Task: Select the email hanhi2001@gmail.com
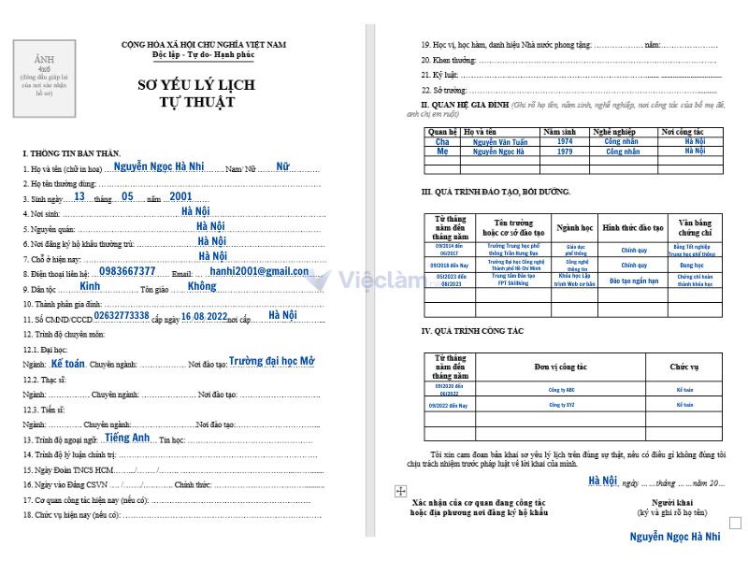(x=259, y=271)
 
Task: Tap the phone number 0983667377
(x=127, y=271)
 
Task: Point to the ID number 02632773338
(x=122, y=317)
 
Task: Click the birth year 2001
(x=181, y=197)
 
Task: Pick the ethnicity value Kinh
(x=90, y=286)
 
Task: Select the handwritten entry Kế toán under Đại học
(x=67, y=363)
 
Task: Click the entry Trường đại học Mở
(x=271, y=361)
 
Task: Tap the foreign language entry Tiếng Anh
(x=127, y=438)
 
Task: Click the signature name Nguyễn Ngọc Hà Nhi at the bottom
(x=674, y=536)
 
